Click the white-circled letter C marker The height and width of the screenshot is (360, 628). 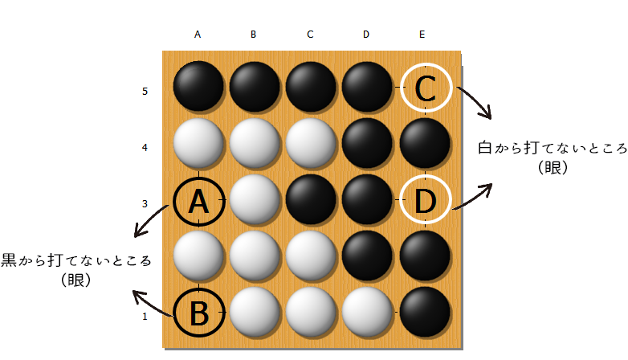[x=426, y=88]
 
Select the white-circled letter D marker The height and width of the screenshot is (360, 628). [x=426, y=199]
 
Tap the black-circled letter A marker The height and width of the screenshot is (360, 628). [x=198, y=201]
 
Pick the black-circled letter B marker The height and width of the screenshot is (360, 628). [x=198, y=313]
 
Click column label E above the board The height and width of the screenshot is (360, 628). [x=422, y=35]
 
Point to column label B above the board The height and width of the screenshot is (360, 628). [x=253, y=35]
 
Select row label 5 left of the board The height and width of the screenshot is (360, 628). [x=145, y=92]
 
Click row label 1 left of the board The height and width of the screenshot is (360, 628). [x=145, y=317]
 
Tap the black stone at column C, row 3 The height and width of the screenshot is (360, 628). [x=311, y=199]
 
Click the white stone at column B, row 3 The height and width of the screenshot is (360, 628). [x=254, y=199]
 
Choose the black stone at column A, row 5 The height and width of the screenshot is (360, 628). [x=198, y=86]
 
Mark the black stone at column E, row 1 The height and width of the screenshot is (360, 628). [x=425, y=312]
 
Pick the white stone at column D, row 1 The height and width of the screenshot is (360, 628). [x=366, y=312]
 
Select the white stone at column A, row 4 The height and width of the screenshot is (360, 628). [x=198, y=143]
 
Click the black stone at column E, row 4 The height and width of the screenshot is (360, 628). [x=425, y=143]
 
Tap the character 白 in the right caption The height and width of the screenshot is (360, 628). [x=485, y=149]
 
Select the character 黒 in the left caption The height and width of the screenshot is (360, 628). [x=8, y=260]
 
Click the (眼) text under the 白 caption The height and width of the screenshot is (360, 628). [x=553, y=168]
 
